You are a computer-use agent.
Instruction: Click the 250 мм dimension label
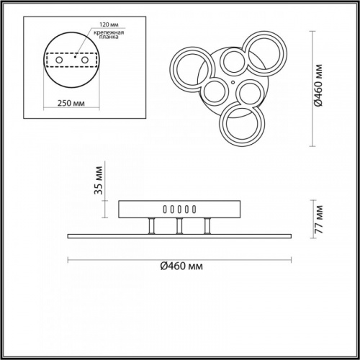pos(71,103)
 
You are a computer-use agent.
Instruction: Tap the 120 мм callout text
pos(109,24)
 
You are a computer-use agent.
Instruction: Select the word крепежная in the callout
pos(109,32)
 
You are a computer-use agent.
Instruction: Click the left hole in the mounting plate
pos(59,60)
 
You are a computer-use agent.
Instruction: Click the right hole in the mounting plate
pos(85,60)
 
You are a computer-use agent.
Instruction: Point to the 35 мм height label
pos(99,180)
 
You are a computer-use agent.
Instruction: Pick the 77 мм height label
pos(319,220)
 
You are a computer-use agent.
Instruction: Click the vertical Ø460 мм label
pos(319,86)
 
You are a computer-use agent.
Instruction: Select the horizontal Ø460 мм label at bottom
pos(181,266)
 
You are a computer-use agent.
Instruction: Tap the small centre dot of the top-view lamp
pos(233,82)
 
